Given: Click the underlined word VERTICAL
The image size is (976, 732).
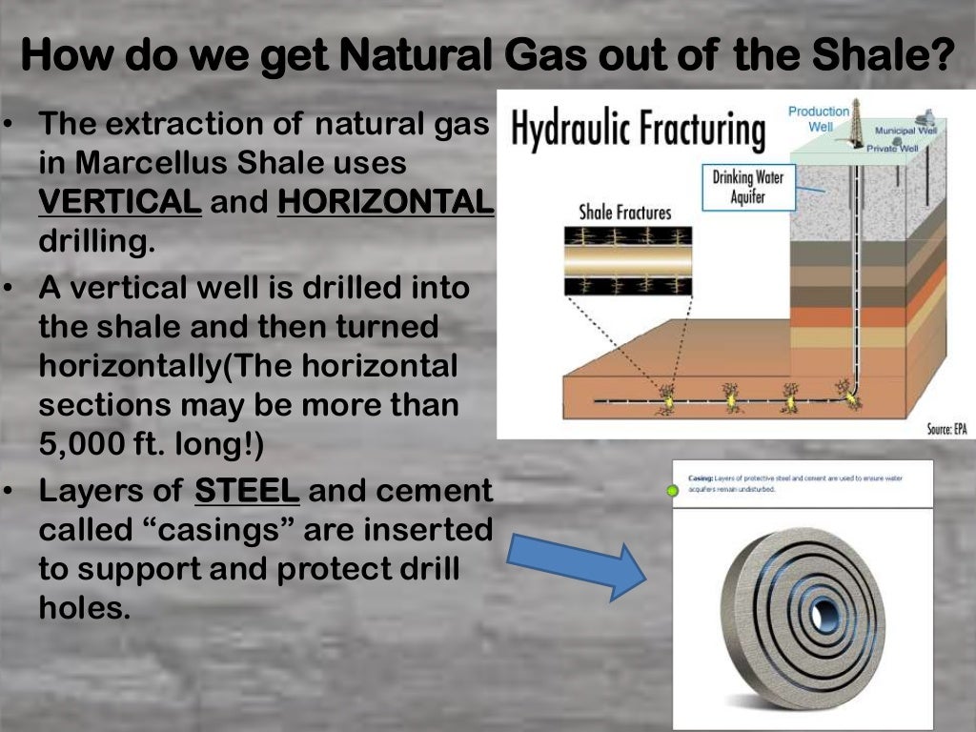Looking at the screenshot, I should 120,202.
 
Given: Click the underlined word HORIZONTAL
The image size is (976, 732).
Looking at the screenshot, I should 385,202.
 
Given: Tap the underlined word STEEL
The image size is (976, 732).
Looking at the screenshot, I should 247,492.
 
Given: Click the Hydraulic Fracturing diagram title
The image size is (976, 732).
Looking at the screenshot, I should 638,131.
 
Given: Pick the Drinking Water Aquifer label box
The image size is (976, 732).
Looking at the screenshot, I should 747,187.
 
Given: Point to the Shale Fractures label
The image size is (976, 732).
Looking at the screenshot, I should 625,213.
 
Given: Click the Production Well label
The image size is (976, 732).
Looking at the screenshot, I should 818,118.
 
